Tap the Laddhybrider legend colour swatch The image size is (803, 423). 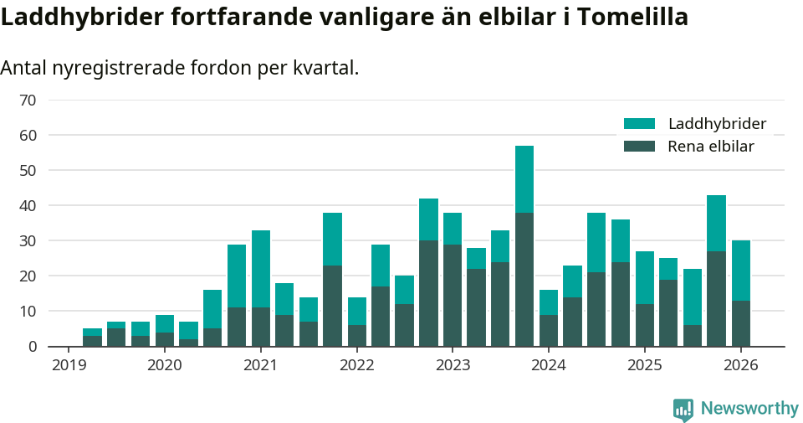pyautogui.click(x=640, y=124)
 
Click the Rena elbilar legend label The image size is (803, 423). pyautogui.click(x=711, y=147)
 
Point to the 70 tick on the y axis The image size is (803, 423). pyautogui.click(x=28, y=101)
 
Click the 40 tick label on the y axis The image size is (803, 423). pyautogui.click(x=28, y=206)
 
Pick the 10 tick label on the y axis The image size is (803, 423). pyautogui.click(x=28, y=312)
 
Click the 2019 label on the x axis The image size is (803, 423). pyautogui.click(x=69, y=365)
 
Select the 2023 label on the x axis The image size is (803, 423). pyautogui.click(x=453, y=365)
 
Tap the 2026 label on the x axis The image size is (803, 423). pyautogui.click(x=741, y=365)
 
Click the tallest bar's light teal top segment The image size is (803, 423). pyautogui.click(x=524, y=179)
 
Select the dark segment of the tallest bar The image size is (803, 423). pyautogui.click(x=524, y=279)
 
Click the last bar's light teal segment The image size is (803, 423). pyautogui.click(x=741, y=271)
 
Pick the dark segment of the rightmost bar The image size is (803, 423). pyautogui.click(x=741, y=323)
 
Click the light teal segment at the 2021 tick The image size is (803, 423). pyautogui.click(x=261, y=269)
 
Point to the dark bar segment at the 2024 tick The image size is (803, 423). pyautogui.click(x=549, y=330)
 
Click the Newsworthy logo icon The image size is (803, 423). pyautogui.click(x=683, y=410)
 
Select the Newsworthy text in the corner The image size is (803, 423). pyautogui.click(x=749, y=409)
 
